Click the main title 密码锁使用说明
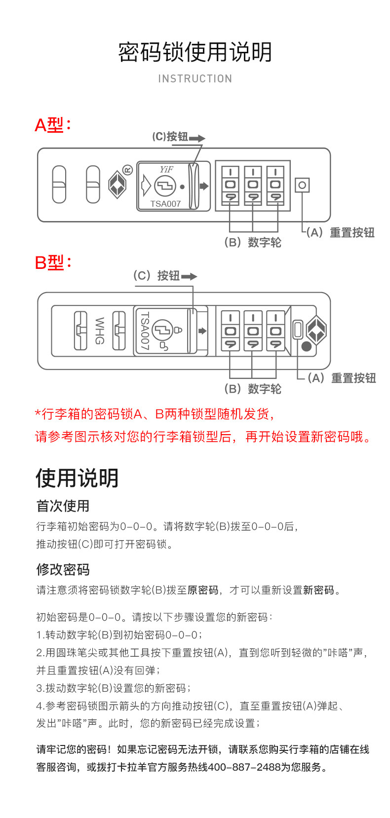[195, 52]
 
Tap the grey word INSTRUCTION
[195, 79]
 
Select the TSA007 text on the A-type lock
[165, 204]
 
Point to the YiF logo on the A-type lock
[166, 169]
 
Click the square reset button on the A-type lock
[302, 186]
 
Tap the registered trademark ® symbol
[127, 170]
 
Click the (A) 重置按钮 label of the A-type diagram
[341, 232]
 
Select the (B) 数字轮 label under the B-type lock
[253, 389]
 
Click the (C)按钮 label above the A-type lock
[170, 137]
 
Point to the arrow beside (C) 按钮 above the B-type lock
[189, 276]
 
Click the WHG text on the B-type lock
[99, 331]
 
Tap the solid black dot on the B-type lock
[306, 346]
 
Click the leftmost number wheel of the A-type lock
[230, 186]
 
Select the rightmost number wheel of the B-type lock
[275, 331]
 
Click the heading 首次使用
[63, 506]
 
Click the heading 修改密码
[63, 569]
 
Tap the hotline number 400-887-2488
[244, 767]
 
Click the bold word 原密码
[203, 590]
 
